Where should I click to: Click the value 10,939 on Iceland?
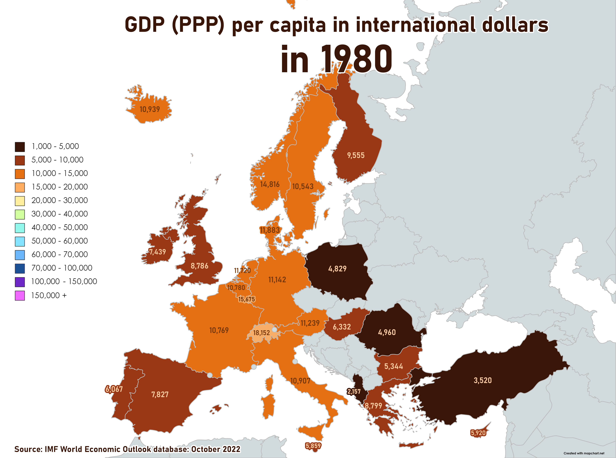(150, 109)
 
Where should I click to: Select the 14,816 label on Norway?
(270, 184)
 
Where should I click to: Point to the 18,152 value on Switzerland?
(261, 333)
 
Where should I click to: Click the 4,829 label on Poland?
(337, 269)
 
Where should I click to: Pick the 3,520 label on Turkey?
(483, 380)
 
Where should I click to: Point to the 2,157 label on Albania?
(354, 392)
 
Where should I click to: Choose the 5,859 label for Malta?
(313, 446)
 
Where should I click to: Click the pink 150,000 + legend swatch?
(20, 296)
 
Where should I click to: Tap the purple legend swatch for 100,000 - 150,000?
(20, 282)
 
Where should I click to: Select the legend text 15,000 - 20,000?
(60, 187)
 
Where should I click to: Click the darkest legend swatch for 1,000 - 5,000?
(20, 147)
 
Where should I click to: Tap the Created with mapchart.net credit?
(584, 453)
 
